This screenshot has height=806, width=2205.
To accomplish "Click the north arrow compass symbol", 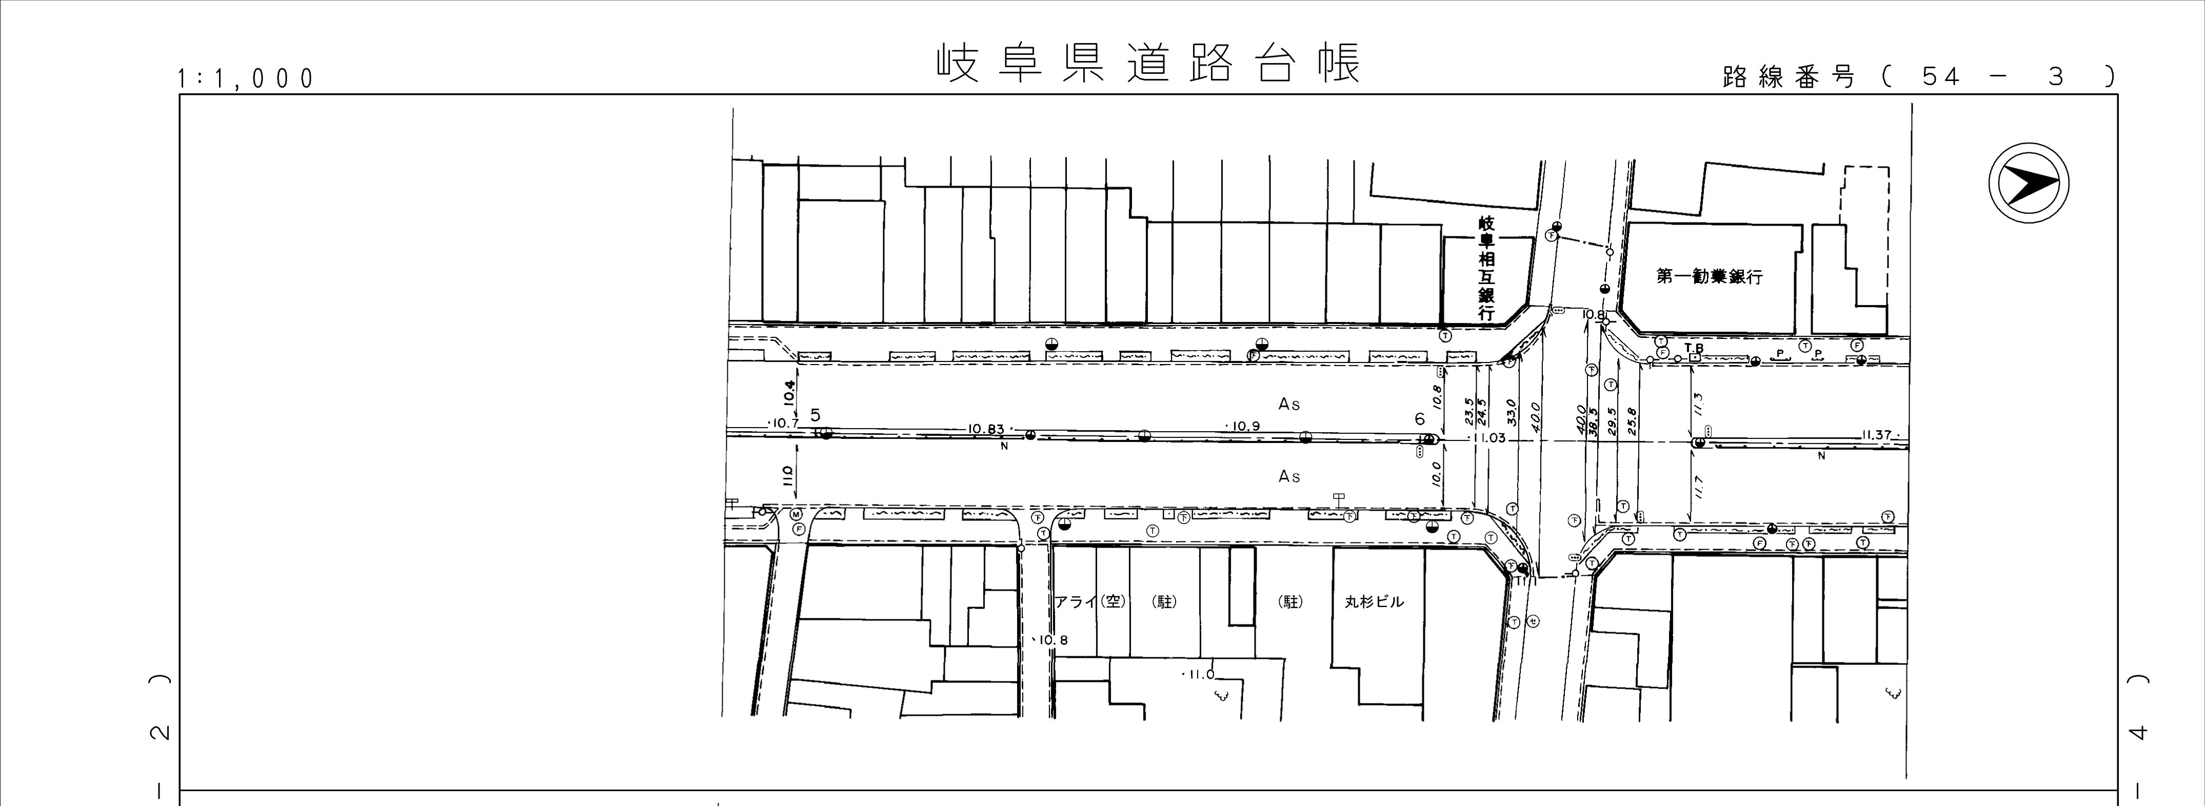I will (2028, 185).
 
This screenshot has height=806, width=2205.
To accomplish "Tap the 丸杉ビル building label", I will (1374, 601).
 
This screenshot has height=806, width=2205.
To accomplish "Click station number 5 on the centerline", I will (815, 415).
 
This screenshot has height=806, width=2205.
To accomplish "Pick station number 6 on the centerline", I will (1419, 419).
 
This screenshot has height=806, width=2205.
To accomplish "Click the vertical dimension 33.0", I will (1512, 412).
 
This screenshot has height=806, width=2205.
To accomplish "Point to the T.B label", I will (1693, 348).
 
